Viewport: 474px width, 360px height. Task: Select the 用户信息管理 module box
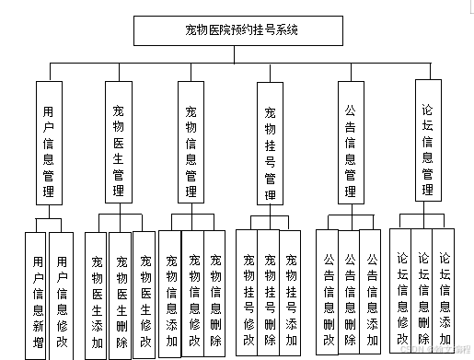point(49,142)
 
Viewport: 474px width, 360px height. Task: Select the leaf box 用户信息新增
point(37,293)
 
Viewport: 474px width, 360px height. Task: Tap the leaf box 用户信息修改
point(63,293)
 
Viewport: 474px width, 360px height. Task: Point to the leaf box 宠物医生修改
point(145,293)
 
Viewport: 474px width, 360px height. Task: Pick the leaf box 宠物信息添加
point(171,293)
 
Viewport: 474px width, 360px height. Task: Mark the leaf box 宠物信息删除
point(214,293)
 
